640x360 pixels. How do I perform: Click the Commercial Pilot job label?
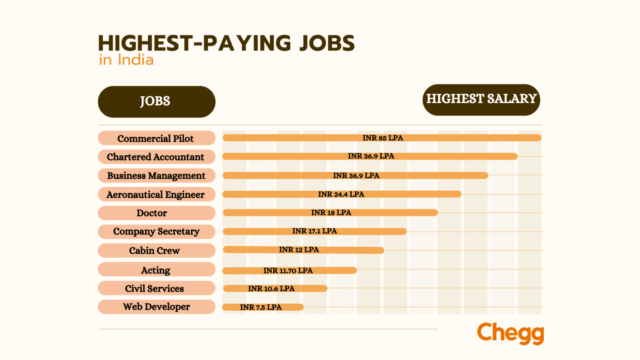click(156, 138)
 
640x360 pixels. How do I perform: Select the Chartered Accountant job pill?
click(156, 157)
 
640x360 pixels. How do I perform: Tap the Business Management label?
click(156, 176)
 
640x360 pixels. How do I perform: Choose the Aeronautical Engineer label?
click(156, 195)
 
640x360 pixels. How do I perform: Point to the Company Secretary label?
click(156, 232)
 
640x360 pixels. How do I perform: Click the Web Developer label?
click(156, 307)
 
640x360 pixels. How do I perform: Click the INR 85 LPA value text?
click(382, 138)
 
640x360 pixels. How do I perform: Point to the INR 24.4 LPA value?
click(341, 194)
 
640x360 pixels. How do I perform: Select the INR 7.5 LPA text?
click(261, 307)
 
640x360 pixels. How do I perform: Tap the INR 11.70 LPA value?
click(288, 270)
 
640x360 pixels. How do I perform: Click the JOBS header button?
click(156, 102)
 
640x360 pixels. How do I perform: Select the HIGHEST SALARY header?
click(481, 100)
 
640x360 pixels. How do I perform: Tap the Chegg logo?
click(510, 333)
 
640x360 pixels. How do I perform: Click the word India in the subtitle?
click(135, 60)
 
